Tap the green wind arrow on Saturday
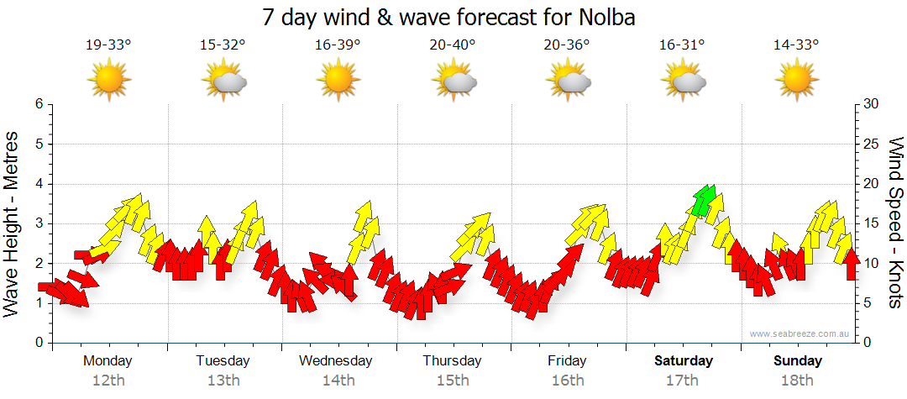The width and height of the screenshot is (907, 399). coord(704,200)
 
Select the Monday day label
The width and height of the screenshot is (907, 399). coord(107,360)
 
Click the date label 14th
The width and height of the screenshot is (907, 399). coord(338,380)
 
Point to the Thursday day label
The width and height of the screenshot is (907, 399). coord(452,360)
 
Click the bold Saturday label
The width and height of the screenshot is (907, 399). coord(684,360)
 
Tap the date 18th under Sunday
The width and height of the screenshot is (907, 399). coord(798,380)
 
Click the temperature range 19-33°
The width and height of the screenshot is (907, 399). coord(108,45)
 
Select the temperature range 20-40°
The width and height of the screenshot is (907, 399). coord(452,45)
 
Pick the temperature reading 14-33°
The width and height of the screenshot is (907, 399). coord(796,45)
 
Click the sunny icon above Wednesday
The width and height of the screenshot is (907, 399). coord(338,80)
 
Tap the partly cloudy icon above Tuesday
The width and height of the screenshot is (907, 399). coord(223,80)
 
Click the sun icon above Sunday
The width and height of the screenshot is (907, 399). coord(796,80)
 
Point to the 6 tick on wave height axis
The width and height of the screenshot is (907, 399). coord(39,104)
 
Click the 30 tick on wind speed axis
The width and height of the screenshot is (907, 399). coord(871,104)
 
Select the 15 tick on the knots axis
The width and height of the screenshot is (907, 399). coord(871,223)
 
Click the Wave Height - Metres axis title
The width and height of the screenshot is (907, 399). coord(13,223)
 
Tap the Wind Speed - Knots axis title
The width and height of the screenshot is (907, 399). coord(895,223)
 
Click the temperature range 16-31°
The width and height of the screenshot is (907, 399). coord(681,45)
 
